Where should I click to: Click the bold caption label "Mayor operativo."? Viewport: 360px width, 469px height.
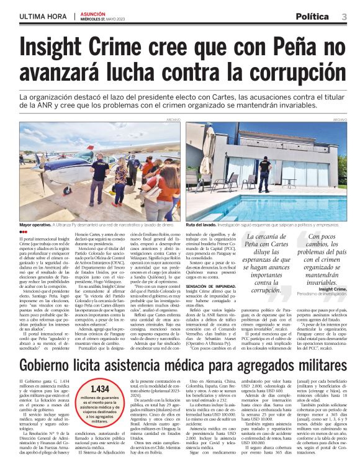tap(36, 224)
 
